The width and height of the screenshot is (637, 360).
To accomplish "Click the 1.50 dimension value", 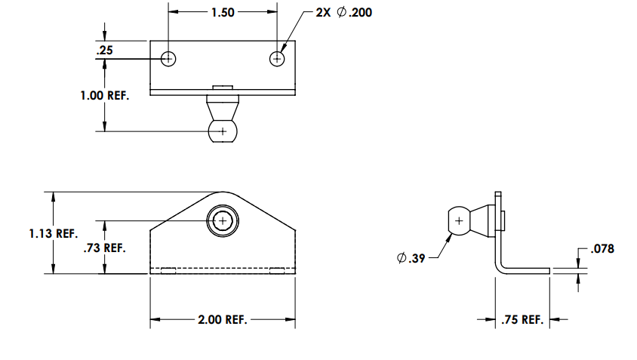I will click(223, 12).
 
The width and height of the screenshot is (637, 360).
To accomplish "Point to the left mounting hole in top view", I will click(168, 58).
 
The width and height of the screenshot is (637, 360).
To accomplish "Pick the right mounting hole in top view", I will click(278, 58).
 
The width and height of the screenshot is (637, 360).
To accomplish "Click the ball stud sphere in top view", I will click(222, 132).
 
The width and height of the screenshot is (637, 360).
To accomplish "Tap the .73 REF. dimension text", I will click(104, 248).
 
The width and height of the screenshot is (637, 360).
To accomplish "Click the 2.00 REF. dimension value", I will click(222, 320).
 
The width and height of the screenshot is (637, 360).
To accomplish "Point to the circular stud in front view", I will click(222, 220).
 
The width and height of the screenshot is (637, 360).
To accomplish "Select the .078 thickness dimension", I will click(602, 248).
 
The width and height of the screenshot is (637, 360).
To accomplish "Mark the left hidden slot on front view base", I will click(168, 270).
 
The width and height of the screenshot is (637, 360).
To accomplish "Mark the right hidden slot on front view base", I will click(277, 270).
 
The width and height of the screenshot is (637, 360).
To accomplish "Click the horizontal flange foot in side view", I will click(528, 269).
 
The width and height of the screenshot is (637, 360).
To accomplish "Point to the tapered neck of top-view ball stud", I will click(222, 109).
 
